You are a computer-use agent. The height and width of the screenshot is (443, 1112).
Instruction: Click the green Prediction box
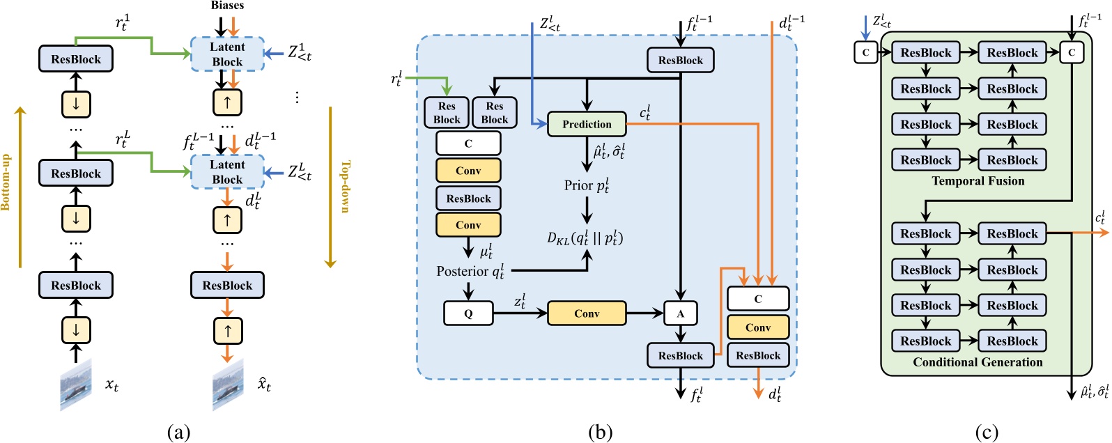(x=587, y=124)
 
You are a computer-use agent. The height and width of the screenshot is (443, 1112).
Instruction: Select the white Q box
(x=468, y=313)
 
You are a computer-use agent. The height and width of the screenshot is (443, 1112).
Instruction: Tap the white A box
(x=680, y=313)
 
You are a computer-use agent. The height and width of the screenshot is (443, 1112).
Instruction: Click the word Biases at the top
(x=227, y=6)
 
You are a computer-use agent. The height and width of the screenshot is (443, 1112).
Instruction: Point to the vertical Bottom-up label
(x=6, y=182)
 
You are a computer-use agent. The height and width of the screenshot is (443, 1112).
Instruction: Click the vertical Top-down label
(x=344, y=186)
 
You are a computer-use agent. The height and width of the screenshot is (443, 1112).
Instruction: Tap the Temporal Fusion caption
(x=978, y=181)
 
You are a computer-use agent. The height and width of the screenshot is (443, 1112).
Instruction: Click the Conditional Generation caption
(x=978, y=362)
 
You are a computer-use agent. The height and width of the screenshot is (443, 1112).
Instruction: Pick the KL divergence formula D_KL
(x=585, y=238)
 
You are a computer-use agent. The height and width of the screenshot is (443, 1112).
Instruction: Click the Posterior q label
(x=470, y=271)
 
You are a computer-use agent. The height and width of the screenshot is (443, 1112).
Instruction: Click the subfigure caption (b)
(x=600, y=433)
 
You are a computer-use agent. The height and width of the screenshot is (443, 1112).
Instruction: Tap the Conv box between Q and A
(x=587, y=313)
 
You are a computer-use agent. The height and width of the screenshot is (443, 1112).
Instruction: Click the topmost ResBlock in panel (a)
(x=76, y=59)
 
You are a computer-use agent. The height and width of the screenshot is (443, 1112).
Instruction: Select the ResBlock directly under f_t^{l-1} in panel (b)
(x=680, y=60)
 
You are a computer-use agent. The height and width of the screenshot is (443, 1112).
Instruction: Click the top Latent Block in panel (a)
(x=227, y=54)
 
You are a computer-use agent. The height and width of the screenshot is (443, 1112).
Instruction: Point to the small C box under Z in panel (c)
(x=865, y=52)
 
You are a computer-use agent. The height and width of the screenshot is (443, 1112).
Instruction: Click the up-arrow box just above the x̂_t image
(x=227, y=331)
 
